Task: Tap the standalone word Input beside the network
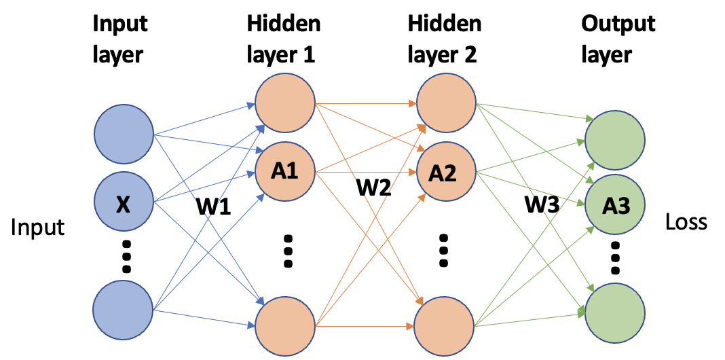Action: coord(38,227)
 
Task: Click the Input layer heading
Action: coord(119,38)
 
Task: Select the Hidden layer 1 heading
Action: coord(284,38)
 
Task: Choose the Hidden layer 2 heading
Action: coord(445,38)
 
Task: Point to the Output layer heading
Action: coord(618,38)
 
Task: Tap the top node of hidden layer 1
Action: coord(284,105)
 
